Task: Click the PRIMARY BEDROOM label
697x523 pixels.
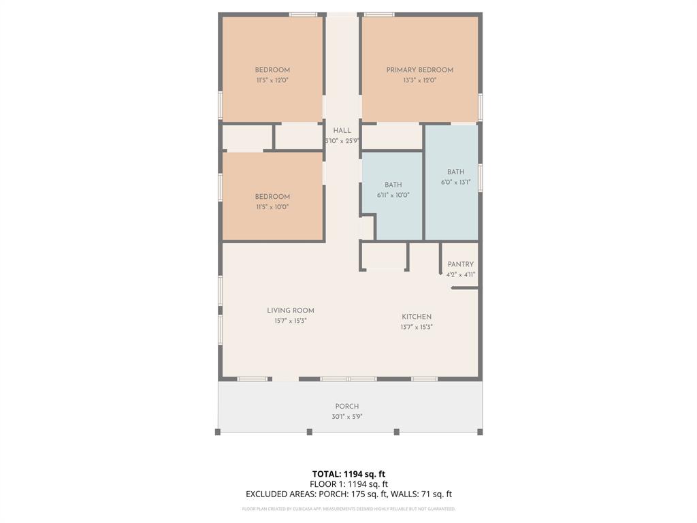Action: (419, 69)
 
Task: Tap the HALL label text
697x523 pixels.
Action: (342, 131)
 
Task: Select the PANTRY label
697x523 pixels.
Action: (460, 264)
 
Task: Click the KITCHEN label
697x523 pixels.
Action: (417, 317)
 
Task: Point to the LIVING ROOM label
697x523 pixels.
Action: (291, 311)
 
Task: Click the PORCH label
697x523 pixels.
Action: (347, 407)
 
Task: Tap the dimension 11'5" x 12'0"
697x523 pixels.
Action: (272, 80)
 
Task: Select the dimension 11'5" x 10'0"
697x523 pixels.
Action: (272, 206)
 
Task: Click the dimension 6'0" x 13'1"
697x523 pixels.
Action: (455, 182)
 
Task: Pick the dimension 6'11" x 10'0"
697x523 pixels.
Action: (393, 195)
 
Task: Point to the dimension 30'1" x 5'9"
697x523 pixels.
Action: (347, 417)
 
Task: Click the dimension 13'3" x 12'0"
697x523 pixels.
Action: (419, 80)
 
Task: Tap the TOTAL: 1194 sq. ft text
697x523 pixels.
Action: (348, 474)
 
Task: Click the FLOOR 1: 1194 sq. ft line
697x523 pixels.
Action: (348, 484)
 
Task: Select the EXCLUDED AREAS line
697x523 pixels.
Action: (348, 494)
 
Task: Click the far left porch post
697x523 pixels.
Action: (218, 432)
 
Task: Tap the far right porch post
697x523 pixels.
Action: (480, 432)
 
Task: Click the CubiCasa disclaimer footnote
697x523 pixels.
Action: (348, 509)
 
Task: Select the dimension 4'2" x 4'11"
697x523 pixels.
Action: (460, 274)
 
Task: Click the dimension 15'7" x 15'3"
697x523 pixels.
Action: (291, 321)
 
